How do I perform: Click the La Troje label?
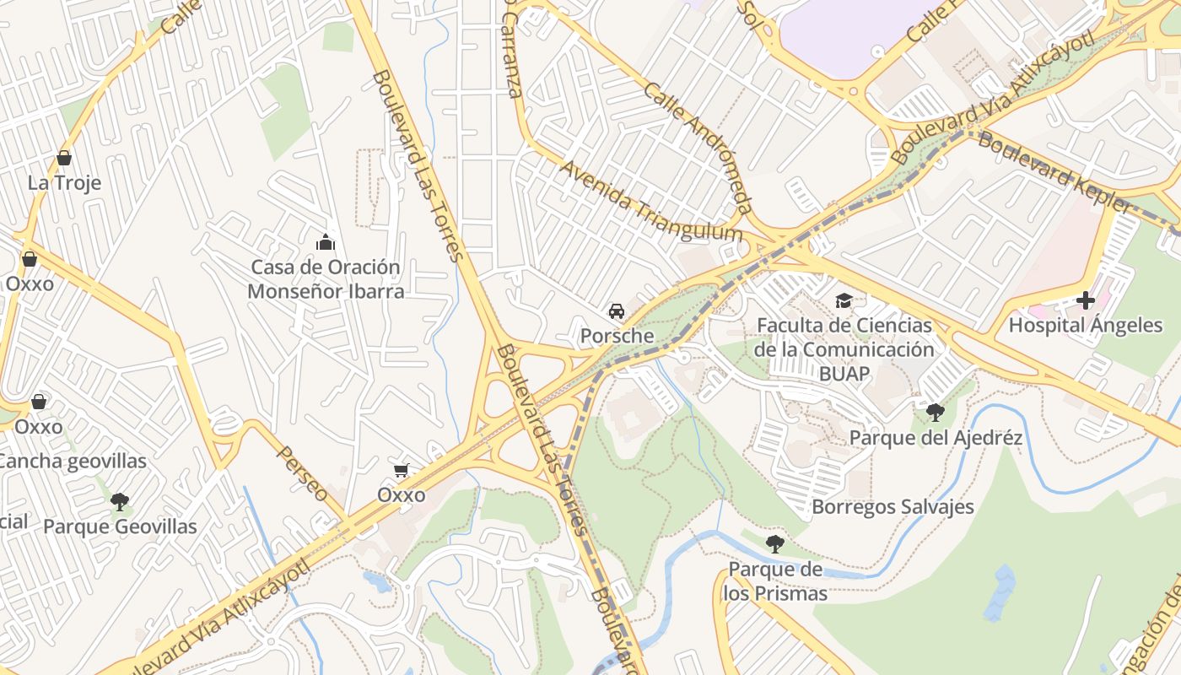tap(64, 183)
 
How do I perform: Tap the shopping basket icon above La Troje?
tap(63, 158)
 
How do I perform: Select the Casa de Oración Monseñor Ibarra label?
tap(326, 279)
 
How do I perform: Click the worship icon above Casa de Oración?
tap(326, 243)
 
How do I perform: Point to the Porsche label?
tap(617, 336)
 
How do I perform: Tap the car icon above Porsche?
tap(617, 311)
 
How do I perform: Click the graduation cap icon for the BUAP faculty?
tap(844, 300)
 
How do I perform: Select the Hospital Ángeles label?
tap(1086, 325)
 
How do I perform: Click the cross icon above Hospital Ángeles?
tap(1086, 300)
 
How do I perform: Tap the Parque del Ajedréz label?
tap(936, 438)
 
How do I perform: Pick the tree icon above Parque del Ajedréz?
tap(935, 413)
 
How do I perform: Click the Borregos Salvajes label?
tap(892, 507)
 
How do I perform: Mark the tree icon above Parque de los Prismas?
tap(774, 544)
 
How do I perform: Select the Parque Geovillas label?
tap(120, 526)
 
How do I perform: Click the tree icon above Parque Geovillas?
tap(120, 502)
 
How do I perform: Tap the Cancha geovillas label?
tap(72, 462)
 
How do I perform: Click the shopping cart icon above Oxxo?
tap(402, 470)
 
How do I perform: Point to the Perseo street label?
tap(302, 474)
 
